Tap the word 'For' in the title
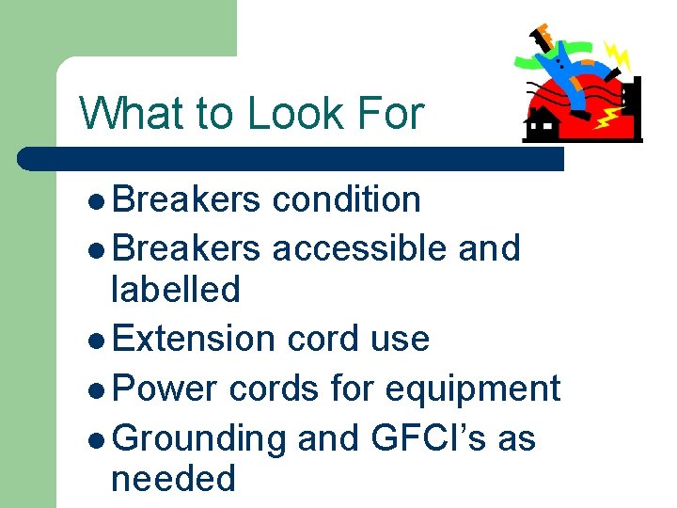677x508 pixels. tap(392, 114)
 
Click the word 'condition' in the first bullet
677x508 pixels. tap(345, 199)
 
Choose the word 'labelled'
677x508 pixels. tap(175, 289)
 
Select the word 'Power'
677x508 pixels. tap(165, 388)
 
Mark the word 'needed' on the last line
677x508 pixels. tap(173, 479)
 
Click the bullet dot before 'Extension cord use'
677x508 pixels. tap(101, 340)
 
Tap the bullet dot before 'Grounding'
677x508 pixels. tap(101, 439)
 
